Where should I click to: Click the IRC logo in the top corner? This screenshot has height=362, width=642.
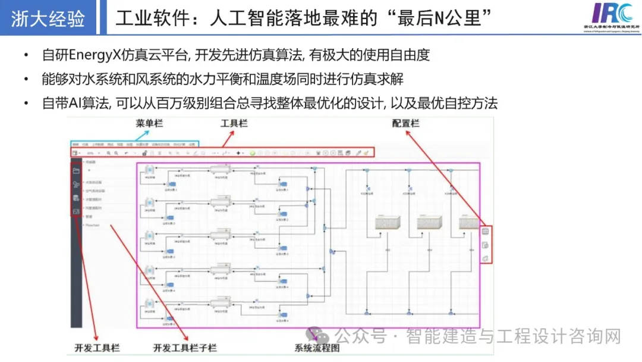tap(613, 13)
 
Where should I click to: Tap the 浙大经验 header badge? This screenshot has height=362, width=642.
tap(48, 18)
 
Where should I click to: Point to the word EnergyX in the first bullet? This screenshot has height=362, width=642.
tap(93, 55)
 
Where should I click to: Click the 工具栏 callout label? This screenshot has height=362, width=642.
tap(234, 123)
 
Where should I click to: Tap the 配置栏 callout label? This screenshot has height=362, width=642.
tap(406, 123)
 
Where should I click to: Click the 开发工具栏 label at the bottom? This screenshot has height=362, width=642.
tap(96, 347)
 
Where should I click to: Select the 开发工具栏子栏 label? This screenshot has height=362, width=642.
tap(185, 347)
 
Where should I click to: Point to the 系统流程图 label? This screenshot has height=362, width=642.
tap(317, 348)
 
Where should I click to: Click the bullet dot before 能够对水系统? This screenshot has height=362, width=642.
tap(26, 79)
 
